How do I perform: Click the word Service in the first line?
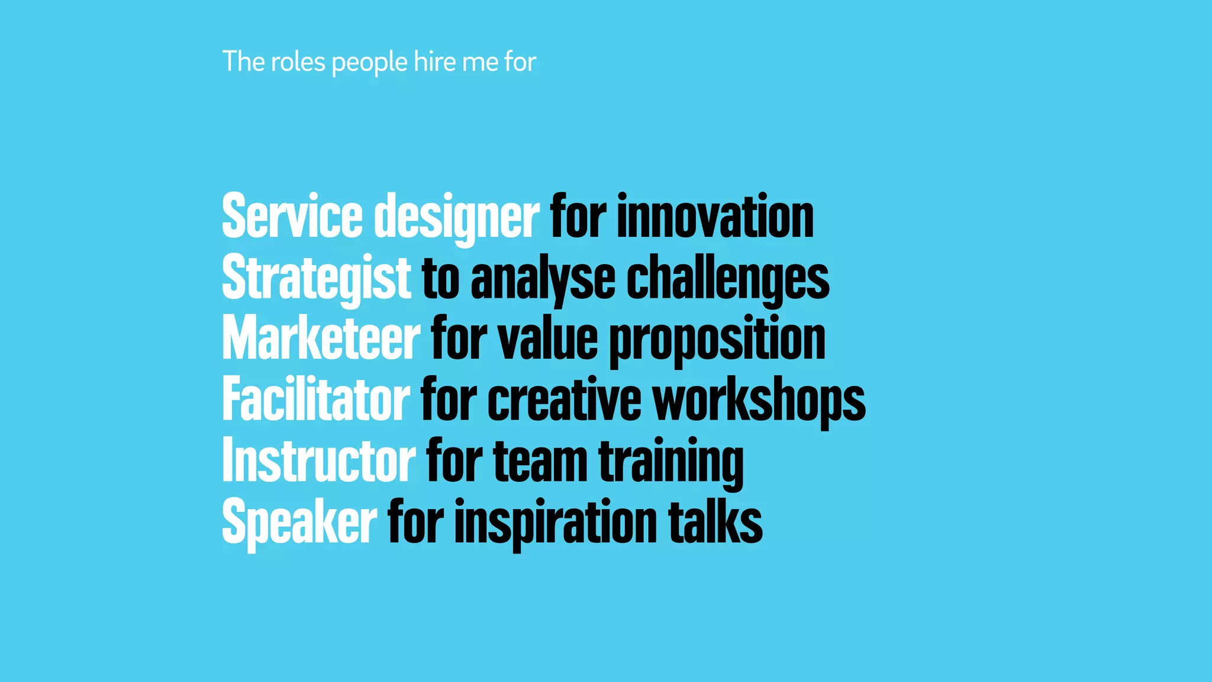(292, 217)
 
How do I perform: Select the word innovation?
(715, 217)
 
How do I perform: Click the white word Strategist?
(316, 278)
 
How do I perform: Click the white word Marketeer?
(321, 339)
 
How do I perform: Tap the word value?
(548, 339)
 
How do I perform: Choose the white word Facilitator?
(315, 400)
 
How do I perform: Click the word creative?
(564, 400)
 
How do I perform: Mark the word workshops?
(759, 400)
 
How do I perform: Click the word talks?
(715, 522)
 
